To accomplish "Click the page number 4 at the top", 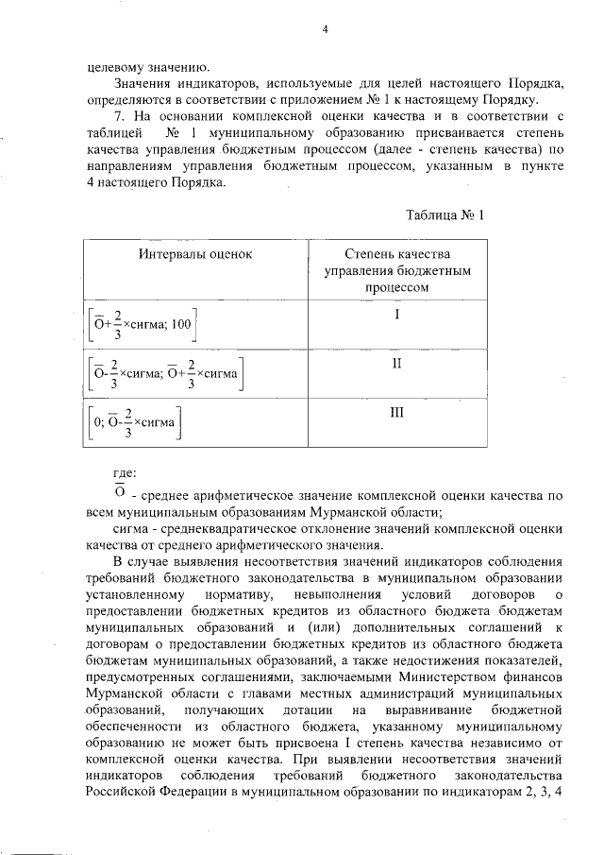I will coord(324,28).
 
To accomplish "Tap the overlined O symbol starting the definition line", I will coord(120,492).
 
